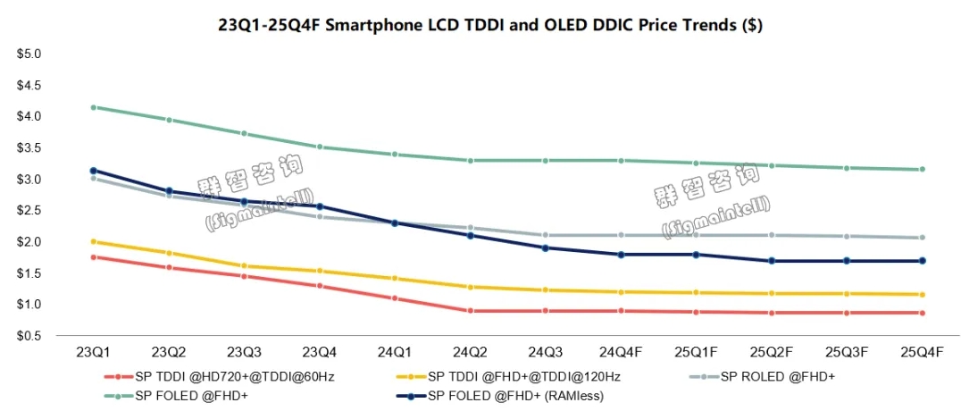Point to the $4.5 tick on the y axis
coord(29,85)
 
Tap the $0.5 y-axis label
coord(29,335)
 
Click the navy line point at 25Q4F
coord(922,261)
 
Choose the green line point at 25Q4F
coord(922,169)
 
